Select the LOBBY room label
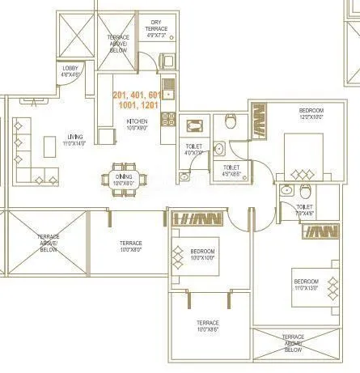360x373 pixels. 71,71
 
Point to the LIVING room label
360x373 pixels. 75,139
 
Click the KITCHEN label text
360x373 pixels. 136,124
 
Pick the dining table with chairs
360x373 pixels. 124,177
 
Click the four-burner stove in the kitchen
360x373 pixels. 168,119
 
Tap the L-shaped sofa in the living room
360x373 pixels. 33,154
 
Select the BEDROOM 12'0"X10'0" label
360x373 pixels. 311,112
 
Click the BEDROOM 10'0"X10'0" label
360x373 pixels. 202,255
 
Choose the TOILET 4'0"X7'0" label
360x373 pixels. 194,149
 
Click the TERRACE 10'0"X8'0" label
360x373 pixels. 131,246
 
